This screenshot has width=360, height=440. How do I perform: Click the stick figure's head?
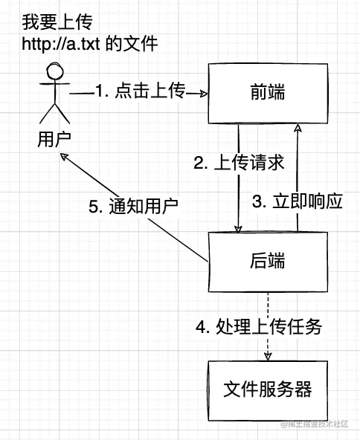53,73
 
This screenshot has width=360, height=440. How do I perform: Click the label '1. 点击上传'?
140,93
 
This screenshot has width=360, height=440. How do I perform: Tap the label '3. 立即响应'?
297,201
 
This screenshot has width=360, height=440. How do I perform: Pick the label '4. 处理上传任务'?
258,327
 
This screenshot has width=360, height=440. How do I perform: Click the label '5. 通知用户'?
134,207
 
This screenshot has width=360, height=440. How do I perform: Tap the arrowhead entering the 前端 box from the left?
202,94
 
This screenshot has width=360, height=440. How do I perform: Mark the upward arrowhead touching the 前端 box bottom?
298,129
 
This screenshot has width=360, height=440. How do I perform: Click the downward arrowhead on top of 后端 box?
239,227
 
